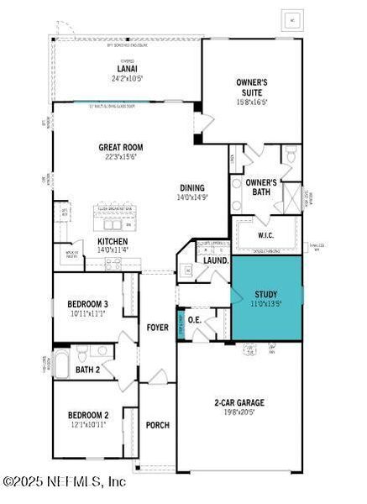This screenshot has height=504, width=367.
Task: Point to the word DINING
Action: pos(192,187)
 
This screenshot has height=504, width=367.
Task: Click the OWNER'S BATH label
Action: pos(261,187)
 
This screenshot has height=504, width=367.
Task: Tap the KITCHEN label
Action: pos(113,239)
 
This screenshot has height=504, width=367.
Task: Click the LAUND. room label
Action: pos(216,261)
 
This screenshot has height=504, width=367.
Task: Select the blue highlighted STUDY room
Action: pos(267,297)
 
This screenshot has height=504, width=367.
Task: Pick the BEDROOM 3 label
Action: pos(88,303)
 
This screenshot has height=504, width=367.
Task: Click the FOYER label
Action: pos(158,327)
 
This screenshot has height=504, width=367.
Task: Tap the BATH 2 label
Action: pos(88,370)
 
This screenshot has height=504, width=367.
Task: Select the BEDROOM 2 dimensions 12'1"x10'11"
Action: pos(88,425)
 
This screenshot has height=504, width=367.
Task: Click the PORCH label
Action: pos(158,425)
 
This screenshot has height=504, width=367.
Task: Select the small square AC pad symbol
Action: pos(293,18)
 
